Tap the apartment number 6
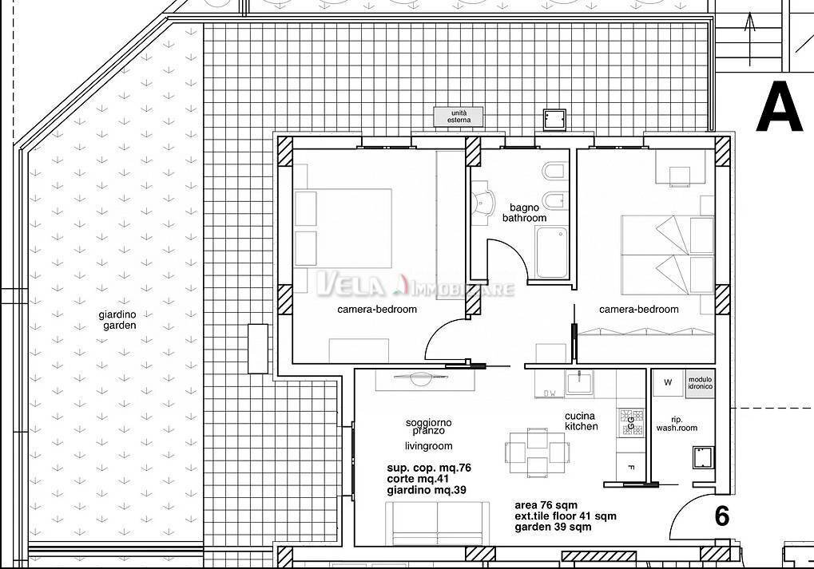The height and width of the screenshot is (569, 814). pyautogui.click(x=721, y=516)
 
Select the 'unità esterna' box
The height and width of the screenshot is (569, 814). pyautogui.click(x=459, y=117)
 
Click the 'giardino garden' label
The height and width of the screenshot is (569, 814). pyautogui.click(x=117, y=320)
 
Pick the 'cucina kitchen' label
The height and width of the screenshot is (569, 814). pyautogui.click(x=581, y=421)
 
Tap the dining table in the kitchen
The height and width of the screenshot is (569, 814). pyautogui.click(x=537, y=452)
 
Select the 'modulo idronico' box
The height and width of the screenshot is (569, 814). pyautogui.click(x=700, y=382)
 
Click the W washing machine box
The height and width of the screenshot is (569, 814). pyautogui.click(x=668, y=383)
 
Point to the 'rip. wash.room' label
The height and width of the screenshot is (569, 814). pyautogui.click(x=677, y=423)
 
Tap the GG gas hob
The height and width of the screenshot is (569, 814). pyautogui.click(x=629, y=421)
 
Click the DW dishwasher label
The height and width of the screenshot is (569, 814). pyautogui.click(x=550, y=393)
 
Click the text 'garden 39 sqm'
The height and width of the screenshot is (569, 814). pyautogui.click(x=553, y=528)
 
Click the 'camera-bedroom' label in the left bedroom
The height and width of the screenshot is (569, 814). pyautogui.click(x=377, y=310)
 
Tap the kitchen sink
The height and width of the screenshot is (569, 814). pyautogui.click(x=580, y=381)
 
